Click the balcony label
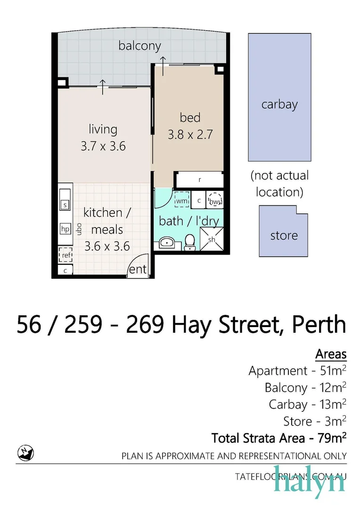click(139, 46)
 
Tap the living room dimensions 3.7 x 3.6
click(103, 146)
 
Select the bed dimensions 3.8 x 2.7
click(190, 134)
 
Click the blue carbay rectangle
click(279, 97)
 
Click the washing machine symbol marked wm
click(181, 200)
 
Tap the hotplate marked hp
click(65, 229)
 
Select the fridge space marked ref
click(65, 255)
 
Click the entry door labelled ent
click(138, 269)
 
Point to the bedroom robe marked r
click(199, 180)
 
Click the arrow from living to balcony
click(102, 87)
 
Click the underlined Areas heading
click(331, 354)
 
